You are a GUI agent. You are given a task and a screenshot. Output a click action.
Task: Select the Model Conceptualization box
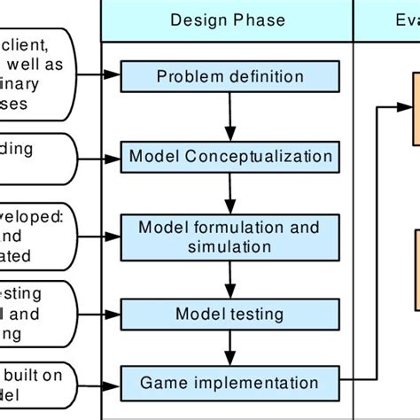(x=230, y=157)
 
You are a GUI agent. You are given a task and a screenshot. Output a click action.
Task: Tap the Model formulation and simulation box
(x=229, y=237)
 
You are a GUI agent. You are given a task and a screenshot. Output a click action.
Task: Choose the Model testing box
(x=229, y=314)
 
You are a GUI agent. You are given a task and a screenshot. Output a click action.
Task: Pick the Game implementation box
(x=229, y=383)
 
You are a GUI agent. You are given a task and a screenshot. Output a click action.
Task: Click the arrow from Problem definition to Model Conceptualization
(x=229, y=117)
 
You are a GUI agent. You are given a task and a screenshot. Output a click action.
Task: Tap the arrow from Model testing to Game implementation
(x=229, y=348)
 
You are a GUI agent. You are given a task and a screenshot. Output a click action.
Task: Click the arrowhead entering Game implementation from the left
(x=116, y=383)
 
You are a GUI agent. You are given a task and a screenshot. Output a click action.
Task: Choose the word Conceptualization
(x=256, y=157)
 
